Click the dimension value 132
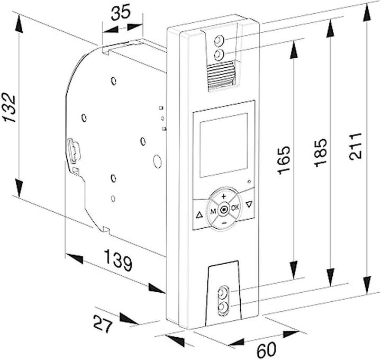[9, 107]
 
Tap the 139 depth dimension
[119, 260]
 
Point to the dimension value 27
[103, 323]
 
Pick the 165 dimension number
[284, 160]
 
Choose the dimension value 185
[321, 152]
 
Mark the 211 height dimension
[356, 146]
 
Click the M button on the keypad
[213, 212]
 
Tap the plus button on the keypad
[224, 196]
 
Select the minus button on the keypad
[224, 223]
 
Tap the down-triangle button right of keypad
[249, 204]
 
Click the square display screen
[223, 145]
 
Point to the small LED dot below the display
[249, 182]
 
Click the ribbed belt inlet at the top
[222, 76]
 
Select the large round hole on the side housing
[157, 161]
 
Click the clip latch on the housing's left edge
[73, 150]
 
